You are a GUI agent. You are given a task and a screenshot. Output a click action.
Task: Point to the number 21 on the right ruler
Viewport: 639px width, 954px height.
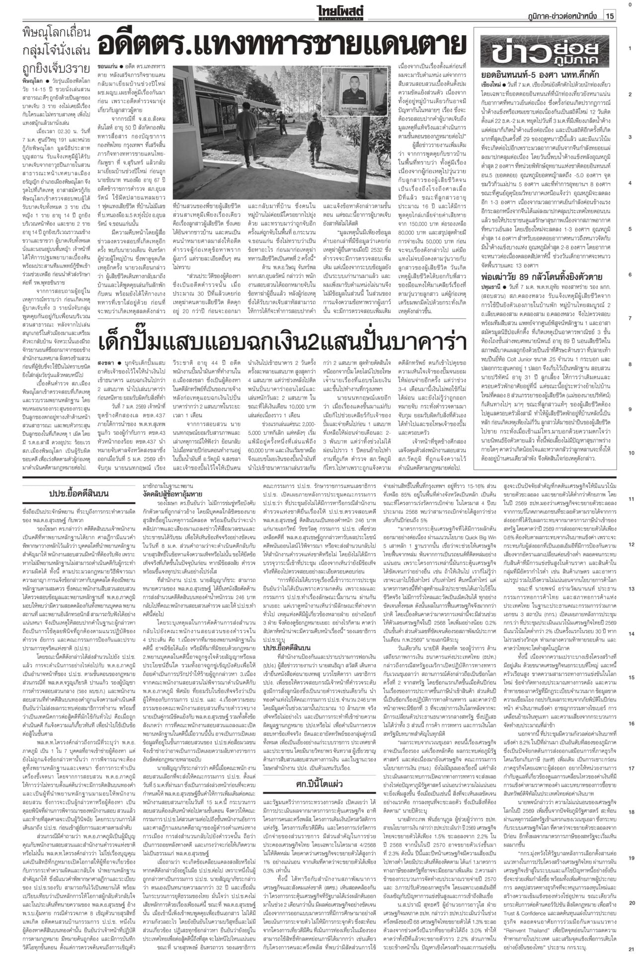(630, 949)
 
